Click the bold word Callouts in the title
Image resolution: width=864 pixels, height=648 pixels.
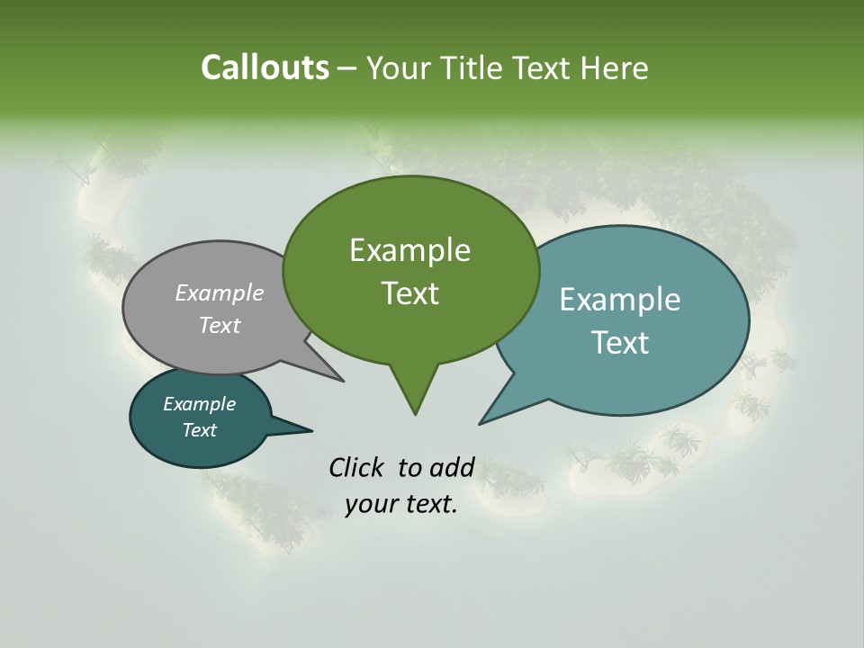pyautogui.click(x=265, y=67)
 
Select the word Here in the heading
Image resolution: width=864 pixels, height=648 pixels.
pyautogui.click(x=614, y=67)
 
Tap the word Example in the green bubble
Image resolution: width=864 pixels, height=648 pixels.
pyautogui.click(x=409, y=250)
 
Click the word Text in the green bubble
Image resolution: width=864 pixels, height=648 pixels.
pyautogui.click(x=409, y=293)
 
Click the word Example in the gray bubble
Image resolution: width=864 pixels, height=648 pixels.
pyautogui.click(x=220, y=292)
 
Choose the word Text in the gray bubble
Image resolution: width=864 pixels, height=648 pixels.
pyautogui.click(x=220, y=325)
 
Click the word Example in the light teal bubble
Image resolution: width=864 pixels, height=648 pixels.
pyautogui.click(x=620, y=300)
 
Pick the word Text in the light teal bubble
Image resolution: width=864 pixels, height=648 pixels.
pyautogui.click(x=620, y=343)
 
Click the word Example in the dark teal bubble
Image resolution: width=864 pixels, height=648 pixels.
pyautogui.click(x=199, y=404)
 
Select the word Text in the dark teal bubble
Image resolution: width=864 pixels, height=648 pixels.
pyautogui.click(x=199, y=430)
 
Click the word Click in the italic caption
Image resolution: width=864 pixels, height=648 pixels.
pyautogui.click(x=358, y=467)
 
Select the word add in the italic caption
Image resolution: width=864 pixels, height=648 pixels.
pyautogui.click(x=451, y=467)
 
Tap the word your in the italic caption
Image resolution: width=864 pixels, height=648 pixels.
pyautogui.click(x=371, y=504)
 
